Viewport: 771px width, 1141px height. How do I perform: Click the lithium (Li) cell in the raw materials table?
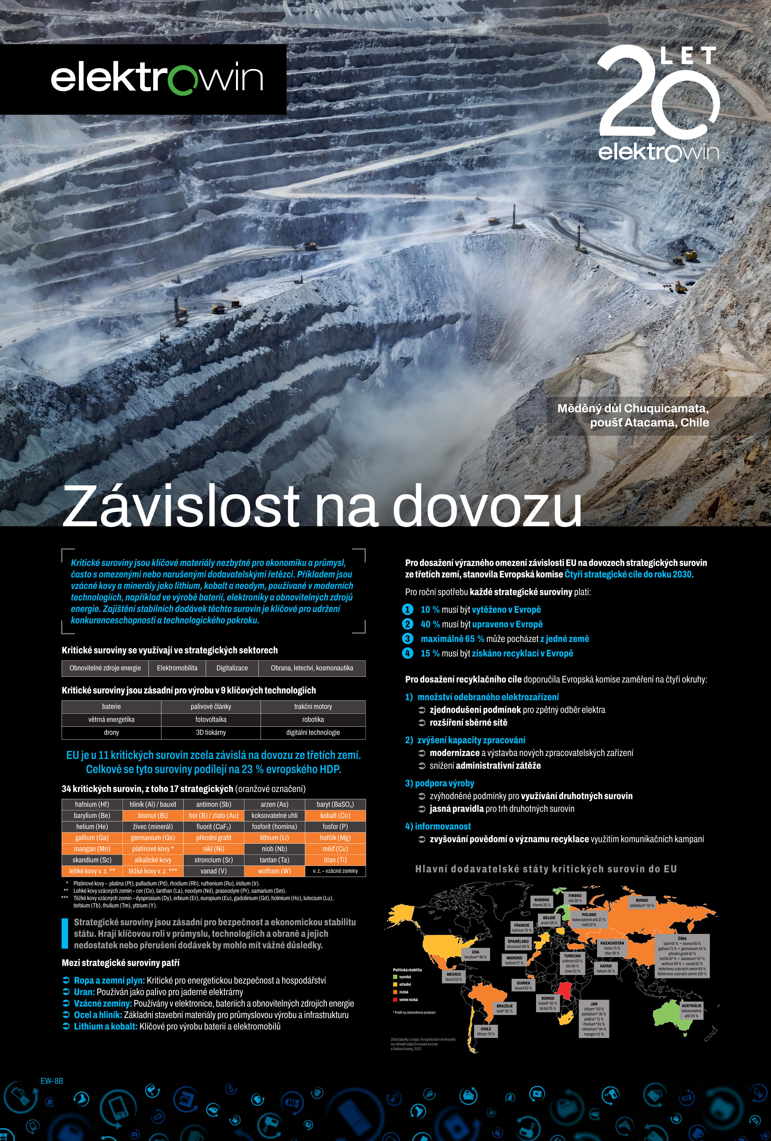274,838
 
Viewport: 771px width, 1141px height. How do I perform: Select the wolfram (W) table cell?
274,871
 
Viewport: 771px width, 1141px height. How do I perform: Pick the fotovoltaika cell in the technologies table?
211,719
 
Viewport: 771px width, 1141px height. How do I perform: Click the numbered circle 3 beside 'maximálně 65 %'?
407,639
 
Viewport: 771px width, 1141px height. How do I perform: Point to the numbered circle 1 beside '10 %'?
407,609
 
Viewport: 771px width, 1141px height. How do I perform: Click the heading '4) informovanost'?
438,826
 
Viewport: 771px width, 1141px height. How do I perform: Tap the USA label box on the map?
475,954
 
